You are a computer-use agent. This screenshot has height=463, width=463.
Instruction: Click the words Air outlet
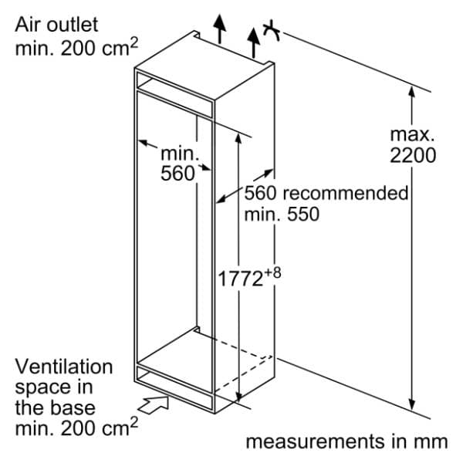point(56,25)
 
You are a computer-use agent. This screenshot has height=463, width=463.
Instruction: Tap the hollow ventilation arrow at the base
point(154,404)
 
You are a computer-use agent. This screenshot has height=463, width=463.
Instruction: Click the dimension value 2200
point(413,155)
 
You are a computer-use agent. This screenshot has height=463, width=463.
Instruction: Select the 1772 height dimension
point(240,279)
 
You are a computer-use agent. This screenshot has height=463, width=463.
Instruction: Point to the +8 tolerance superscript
point(272,272)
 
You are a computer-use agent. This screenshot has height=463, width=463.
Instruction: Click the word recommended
point(346,193)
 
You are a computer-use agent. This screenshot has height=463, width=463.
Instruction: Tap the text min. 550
point(282,214)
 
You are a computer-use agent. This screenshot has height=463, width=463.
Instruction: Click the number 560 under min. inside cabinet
point(177,173)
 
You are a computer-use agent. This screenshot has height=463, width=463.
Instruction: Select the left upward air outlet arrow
point(219,29)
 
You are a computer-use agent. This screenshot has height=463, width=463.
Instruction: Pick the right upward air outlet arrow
point(253,42)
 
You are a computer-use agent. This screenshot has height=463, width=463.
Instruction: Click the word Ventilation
point(64,367)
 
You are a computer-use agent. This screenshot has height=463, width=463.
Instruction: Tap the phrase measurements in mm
point(347,442)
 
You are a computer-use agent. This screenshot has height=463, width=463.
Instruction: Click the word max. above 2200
point(412,134)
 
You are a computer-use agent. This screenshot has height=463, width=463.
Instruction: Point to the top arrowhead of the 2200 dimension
point(412,92)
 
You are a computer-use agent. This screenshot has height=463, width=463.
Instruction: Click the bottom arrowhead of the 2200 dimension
point(413,404)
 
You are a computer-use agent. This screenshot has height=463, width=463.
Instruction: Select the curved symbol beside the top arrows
point(272,30)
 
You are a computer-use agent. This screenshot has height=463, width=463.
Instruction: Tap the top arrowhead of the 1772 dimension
point(238,139)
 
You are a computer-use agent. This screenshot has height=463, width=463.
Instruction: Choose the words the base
point(56,408)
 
